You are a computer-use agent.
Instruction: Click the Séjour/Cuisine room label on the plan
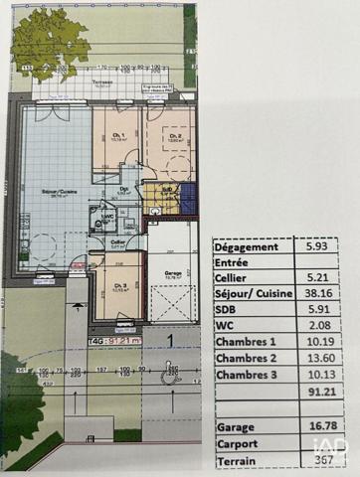point(55,194)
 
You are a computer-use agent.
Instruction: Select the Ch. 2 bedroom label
point(174,138)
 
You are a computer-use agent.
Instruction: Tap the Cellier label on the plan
point(117,241)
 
